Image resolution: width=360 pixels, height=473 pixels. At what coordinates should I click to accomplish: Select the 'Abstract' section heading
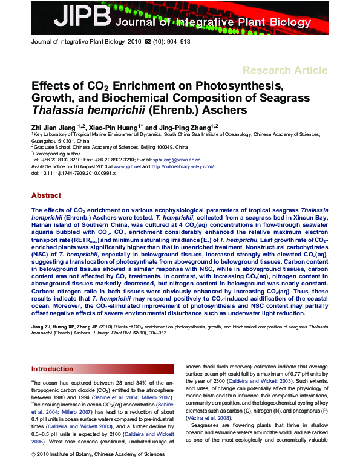[x=46, y=196]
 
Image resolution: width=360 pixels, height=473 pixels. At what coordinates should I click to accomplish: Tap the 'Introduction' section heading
[x=52, y=368]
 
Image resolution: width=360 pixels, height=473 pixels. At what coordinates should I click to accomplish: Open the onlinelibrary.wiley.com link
[x=181, y=166]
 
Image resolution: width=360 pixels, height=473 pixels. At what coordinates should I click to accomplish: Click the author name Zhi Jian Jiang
[x=55, y=127]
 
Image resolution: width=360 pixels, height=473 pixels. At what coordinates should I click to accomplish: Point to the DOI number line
[x=64, y=172]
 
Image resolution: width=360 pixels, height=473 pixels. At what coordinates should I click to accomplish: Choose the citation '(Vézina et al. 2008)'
[x=208, y=417]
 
